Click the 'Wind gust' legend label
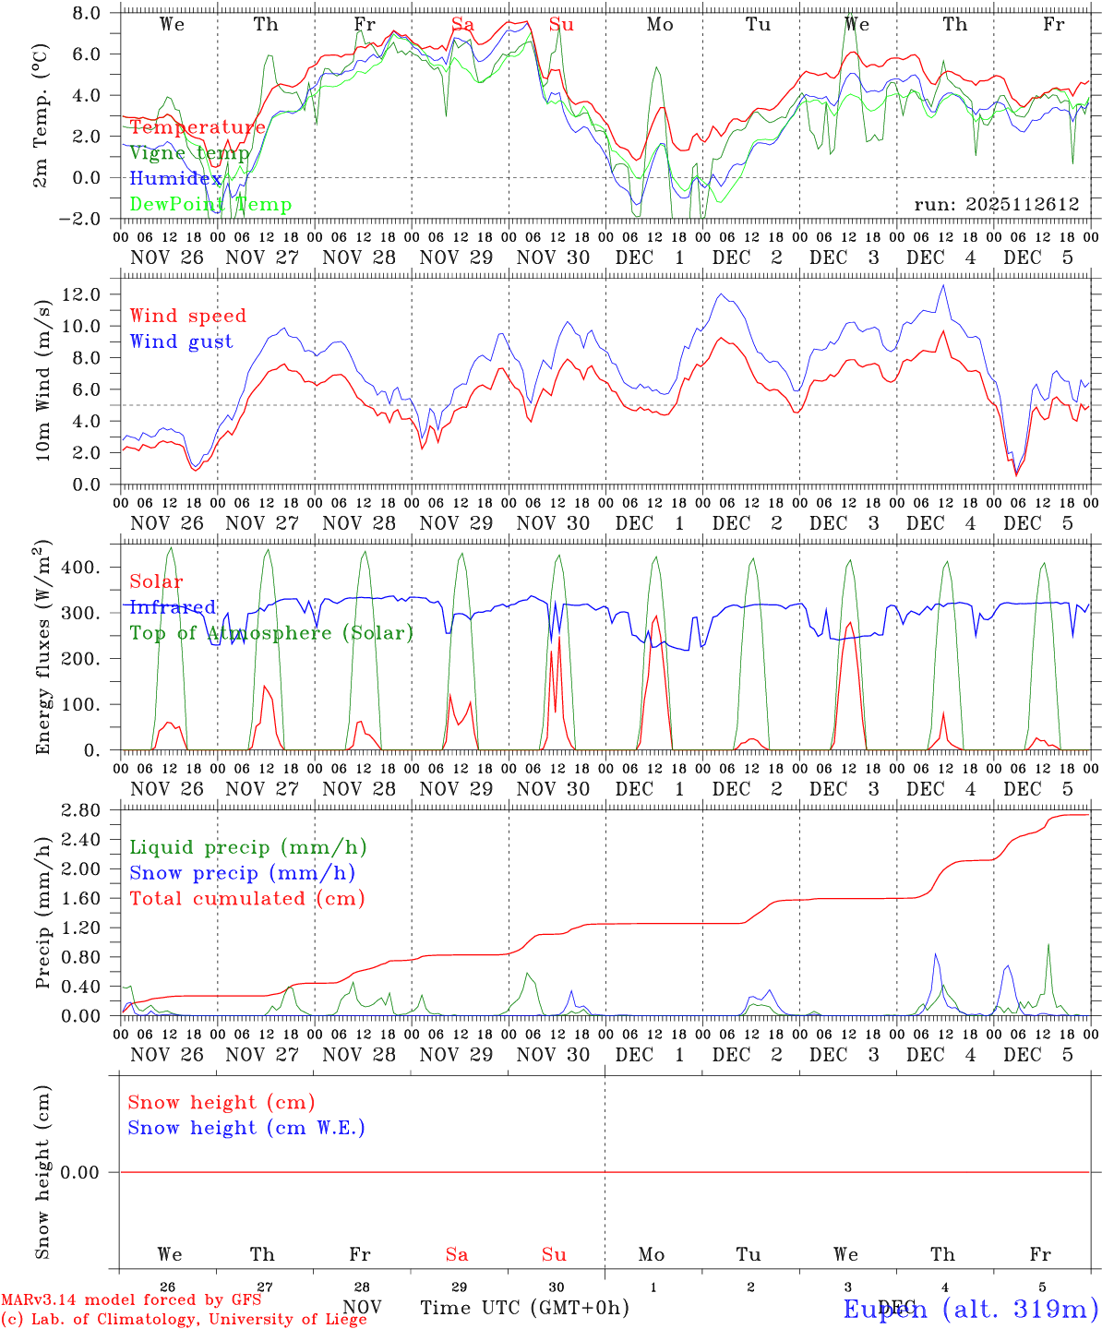(x=181, y=341)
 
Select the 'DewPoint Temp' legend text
(x=210, y=204)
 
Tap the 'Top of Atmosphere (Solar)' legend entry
(x=270, y=633)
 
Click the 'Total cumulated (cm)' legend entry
(x=246, y=898)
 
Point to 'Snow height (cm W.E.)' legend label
(x=246, y=1128)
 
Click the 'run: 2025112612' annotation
(x=996, y=204)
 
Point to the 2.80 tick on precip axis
(x=85, y=810)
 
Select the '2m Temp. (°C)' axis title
(x=42, y=116)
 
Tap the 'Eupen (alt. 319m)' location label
(x=970, y=1309)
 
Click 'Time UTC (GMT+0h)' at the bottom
(x=524, y=1308)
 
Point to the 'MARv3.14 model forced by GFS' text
(x=131, y=1299)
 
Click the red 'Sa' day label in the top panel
(x=462, y=24)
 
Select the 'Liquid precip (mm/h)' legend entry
(x=247, y=847)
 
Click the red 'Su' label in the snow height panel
(x=554, y=1254)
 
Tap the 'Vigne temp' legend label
(x=189, y=153)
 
